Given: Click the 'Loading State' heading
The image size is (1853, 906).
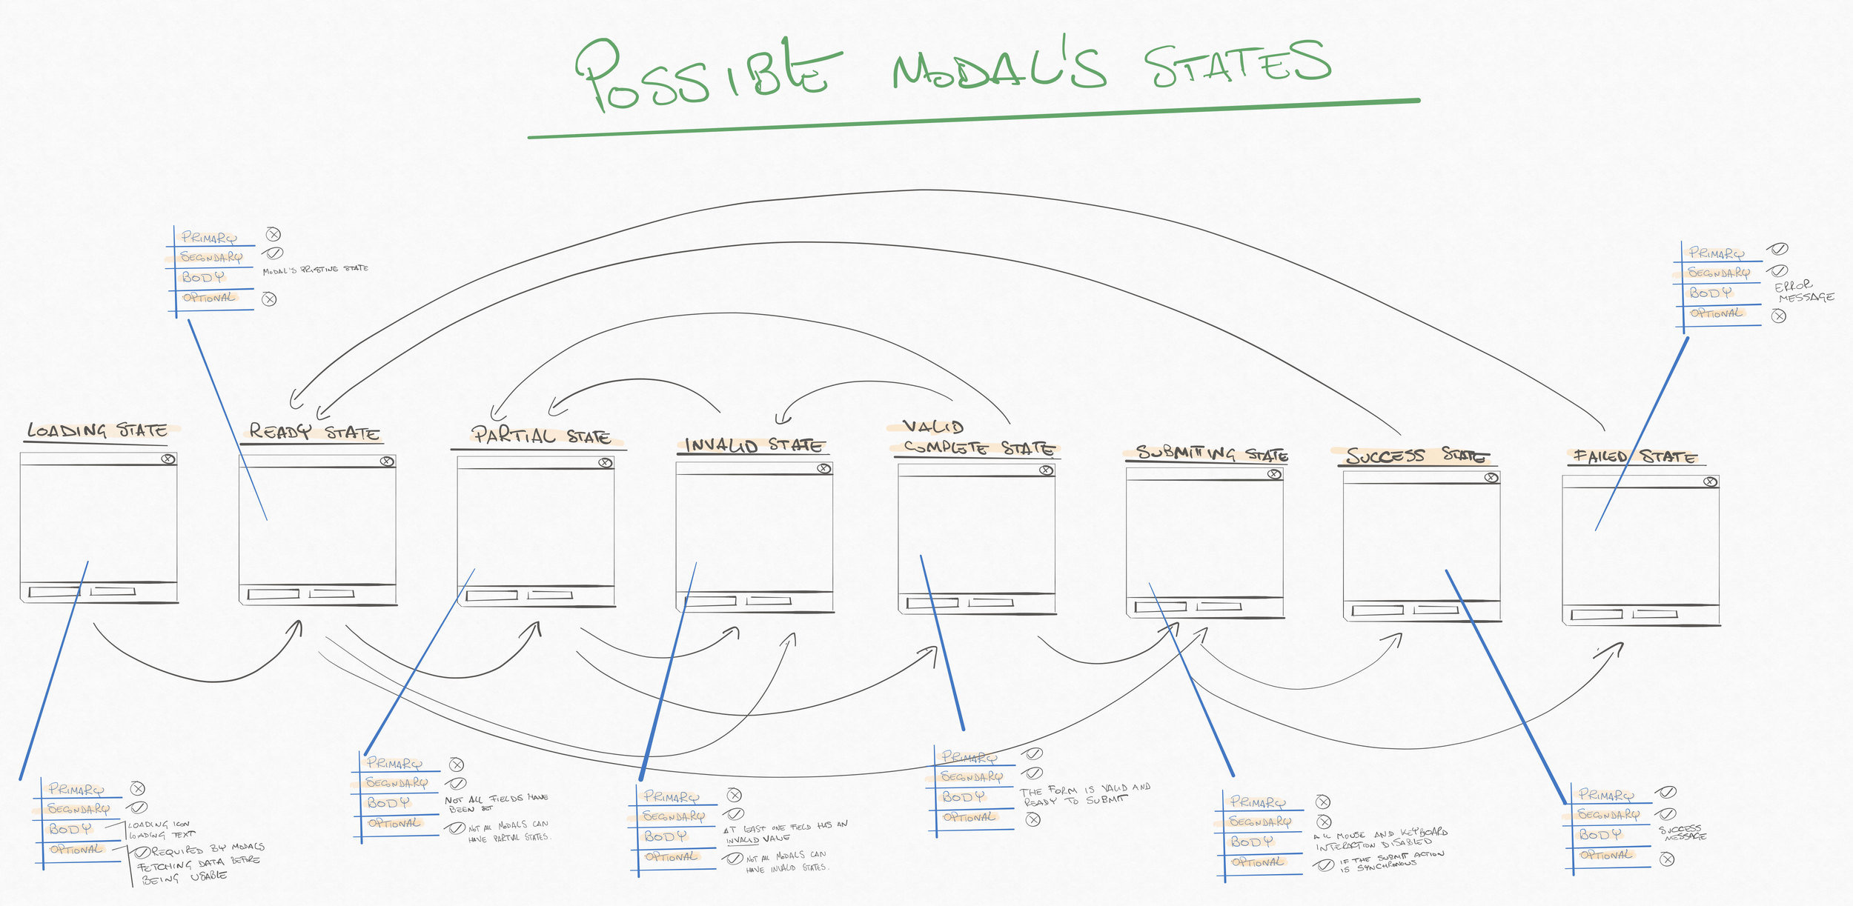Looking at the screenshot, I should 97,430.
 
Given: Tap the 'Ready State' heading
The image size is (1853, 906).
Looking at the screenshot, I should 314,432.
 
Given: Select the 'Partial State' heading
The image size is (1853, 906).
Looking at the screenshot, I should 540,436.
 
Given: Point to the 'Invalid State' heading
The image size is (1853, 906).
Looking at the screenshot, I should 754,445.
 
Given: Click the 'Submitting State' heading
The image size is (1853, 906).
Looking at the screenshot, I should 1211,453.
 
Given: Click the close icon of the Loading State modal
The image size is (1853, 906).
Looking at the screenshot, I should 168,459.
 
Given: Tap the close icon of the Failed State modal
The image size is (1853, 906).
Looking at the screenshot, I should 1710,482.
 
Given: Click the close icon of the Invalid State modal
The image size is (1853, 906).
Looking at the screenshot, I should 823,468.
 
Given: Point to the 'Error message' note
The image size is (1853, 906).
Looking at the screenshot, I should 1803,291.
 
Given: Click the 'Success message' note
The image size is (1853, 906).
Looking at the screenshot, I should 1683,833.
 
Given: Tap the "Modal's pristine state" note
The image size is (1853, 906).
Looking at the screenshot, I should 315,270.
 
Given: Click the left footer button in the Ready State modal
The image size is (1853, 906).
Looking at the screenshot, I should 274,594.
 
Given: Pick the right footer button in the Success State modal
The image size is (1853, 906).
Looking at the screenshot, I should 1436,610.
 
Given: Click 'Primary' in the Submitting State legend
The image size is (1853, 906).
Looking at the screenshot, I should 1258,802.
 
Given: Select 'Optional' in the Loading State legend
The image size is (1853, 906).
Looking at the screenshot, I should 76,850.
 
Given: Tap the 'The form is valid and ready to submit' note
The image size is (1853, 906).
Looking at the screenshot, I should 1084,794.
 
